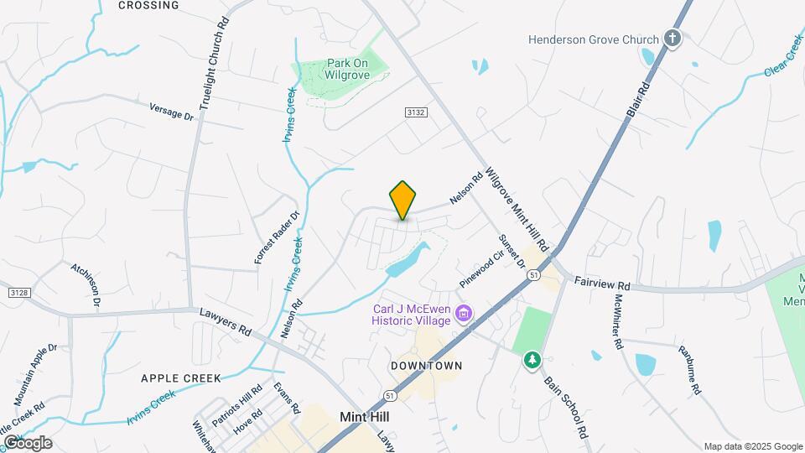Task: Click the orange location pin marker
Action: [403, 200]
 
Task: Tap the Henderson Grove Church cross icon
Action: [672, 38]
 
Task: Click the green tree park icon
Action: [532, 360]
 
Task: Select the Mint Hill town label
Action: [364, 416]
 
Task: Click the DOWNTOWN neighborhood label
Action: [426, 366]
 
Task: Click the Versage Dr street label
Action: [171, 112]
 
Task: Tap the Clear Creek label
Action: [783, 56]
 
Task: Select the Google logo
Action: [27, 443]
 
